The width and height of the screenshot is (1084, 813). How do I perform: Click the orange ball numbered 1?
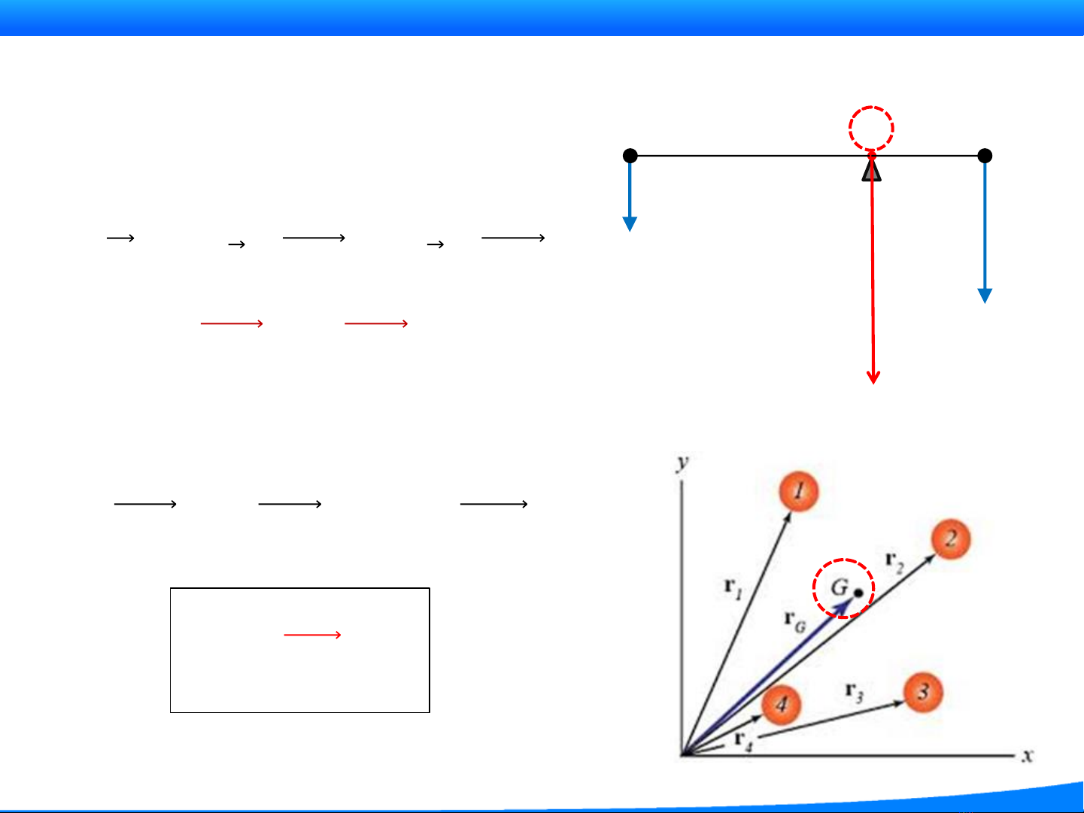point(798,492)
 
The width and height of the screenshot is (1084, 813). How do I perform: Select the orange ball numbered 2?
point(951,539)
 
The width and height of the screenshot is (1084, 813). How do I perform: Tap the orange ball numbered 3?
point(923,692)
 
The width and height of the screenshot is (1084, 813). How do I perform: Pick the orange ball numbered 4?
point(782,705)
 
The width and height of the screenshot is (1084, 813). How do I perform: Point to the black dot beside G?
point(858,593)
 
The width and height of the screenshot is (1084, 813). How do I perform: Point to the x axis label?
point(1028,755)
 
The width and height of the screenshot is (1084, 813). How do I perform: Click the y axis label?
point(683,462)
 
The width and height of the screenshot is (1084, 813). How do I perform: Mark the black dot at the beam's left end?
point(630,156)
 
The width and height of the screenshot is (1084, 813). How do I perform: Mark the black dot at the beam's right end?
point(985,156)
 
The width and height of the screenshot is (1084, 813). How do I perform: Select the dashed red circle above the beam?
point(871,129)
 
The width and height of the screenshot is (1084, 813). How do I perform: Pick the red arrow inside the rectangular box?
point(312,636)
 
